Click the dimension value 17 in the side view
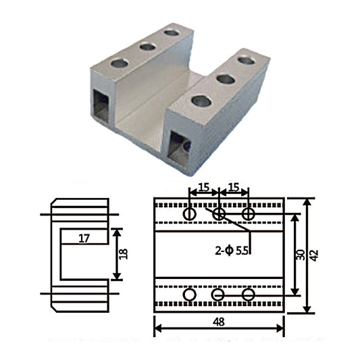click(x=83, y=238)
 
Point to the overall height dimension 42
click(x=314, y=255)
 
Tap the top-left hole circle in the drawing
click(x=190, y=214)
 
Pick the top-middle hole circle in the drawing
click(x=219, y=214)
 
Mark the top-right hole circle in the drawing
click(x=249, y=214)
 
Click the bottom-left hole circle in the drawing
click(x=190, y=295)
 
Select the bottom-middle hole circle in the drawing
click(x=218, y=295)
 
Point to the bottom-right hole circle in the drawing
click(x=249, y=295)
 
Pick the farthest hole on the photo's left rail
click(x=172, y=32)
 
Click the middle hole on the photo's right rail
click(x=226, y=80)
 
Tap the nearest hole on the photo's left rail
click(x=120, y=63)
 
